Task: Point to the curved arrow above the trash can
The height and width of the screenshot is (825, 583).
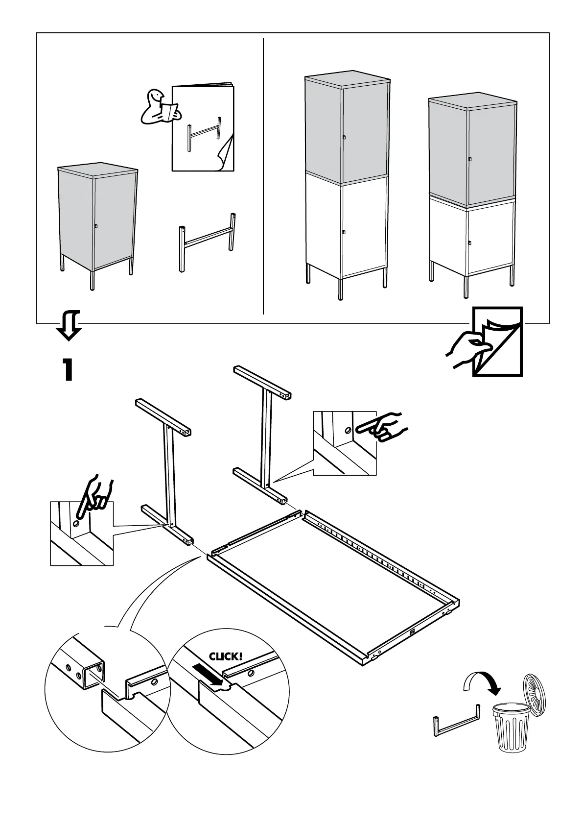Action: coord(482,687)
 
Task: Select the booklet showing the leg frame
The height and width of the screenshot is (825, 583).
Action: coord(203,128)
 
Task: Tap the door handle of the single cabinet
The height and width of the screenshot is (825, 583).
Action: coord(96,226)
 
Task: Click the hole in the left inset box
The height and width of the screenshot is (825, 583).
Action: coord(76,524)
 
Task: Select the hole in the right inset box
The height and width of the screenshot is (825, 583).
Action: coord(347,431)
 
